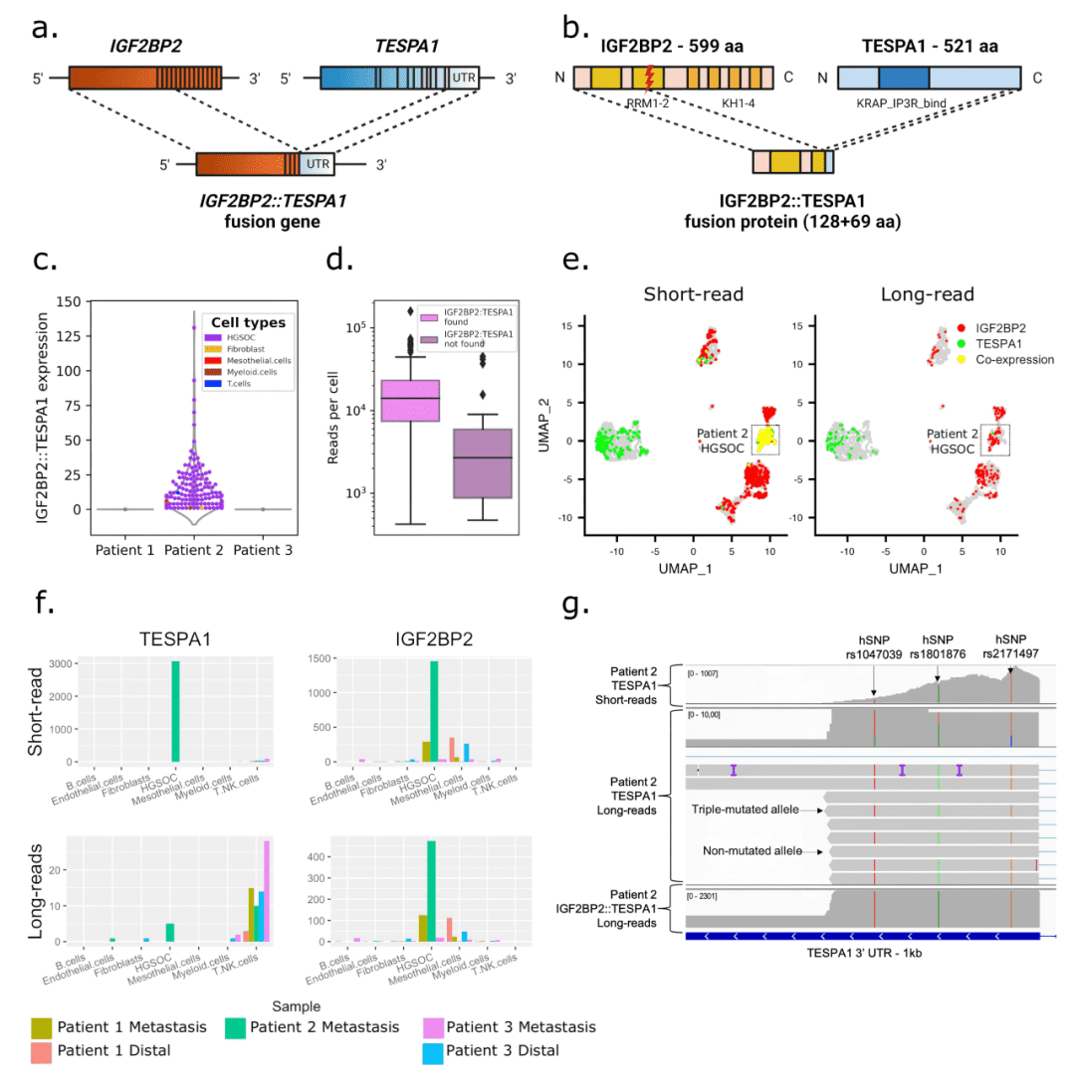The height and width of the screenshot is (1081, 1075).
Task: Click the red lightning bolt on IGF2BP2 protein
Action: pyautogui.click(x=649, y=77)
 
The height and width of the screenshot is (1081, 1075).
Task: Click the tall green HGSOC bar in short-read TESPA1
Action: pyautogui.click(x=175, y=711)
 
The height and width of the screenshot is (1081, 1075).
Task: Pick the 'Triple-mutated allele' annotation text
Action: pyautogui.click(x=753, y=811)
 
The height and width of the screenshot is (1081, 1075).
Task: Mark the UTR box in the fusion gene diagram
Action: pyautogui.click(x=317, y=164)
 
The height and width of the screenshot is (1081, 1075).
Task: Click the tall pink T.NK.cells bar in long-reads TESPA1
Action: pyautogui.click(x=266, y=891)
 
